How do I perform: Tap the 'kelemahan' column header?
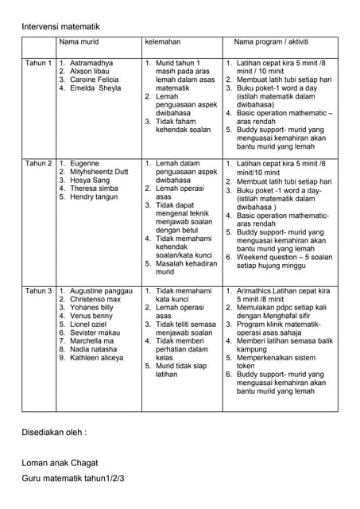[162, 41]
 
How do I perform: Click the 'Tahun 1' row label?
[39, 62]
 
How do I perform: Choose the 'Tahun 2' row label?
[39, 163]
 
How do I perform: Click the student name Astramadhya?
[91, 62]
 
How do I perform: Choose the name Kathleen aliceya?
[98, 358]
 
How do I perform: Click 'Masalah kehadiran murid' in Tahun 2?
[184, 267]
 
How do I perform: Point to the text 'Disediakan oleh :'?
[54, 433]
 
